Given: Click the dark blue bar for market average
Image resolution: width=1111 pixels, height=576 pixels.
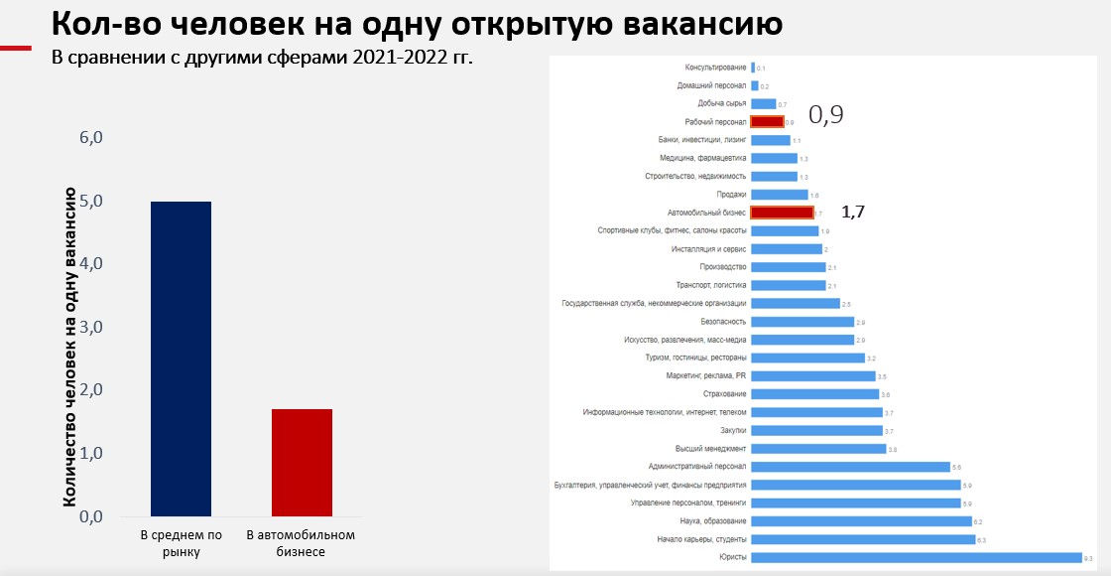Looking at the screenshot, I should pyautogui.click(x=181, y=359).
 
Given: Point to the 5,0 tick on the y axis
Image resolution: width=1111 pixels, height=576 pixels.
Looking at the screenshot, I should pyautogui.click(x=91, y=201).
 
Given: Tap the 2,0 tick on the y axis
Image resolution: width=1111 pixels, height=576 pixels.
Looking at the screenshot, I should pyautogui.click(x=91, y=390).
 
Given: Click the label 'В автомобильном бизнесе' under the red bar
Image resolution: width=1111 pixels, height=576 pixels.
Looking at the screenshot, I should pyautogui.click(x=301, y=543).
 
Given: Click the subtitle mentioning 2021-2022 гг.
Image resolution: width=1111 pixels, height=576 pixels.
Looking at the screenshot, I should pyautogui.click(x=262, y=56).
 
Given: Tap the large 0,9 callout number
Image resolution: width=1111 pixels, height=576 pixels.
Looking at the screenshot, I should pyautogui.click(x=825, y=115).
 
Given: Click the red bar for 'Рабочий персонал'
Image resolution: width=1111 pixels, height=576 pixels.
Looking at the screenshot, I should pyautogui.click(x=767, y=122).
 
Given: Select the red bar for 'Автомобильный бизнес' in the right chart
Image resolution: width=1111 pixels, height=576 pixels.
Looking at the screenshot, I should pyautogui.click(x=782, y=213).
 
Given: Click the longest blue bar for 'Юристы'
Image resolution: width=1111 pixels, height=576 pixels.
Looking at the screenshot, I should pyautogui.click(x=916, y=557).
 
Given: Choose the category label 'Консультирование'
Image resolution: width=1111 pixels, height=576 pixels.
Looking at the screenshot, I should pyautogui.click(x=715, y=68).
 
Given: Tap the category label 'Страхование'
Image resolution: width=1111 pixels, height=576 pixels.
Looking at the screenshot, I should pyautogui.click(x=723, y=394).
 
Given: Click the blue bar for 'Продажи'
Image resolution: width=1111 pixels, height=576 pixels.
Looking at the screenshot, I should pyautogui.click(x=779, y=195).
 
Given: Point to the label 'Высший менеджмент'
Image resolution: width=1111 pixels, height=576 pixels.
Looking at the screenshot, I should pyautogui.click(x=710, y=449).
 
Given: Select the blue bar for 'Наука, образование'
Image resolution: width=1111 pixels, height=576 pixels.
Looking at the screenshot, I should pyautogui.click(x=861, y=521).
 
